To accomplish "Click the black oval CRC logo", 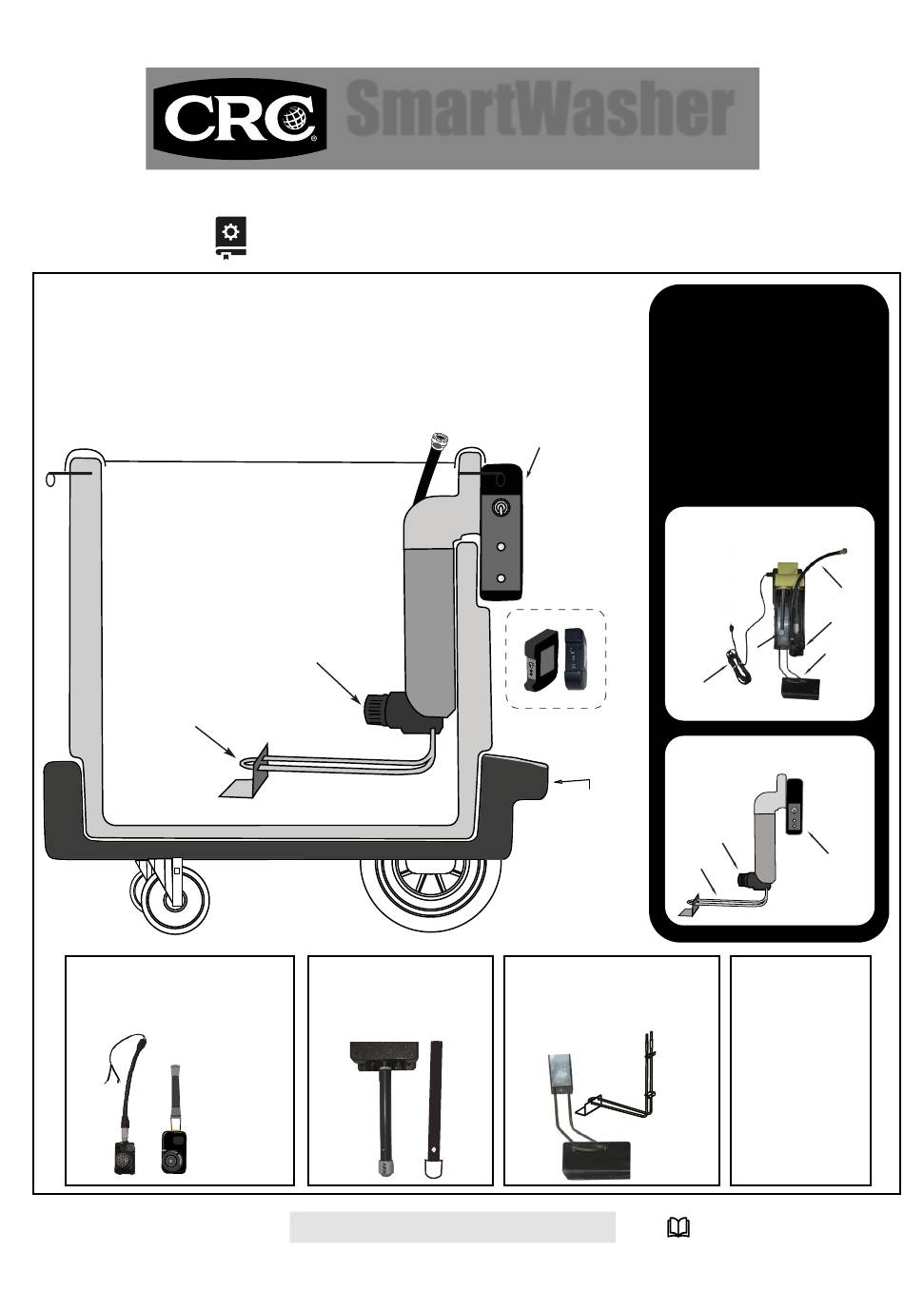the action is pyautogui.click(x=240, y=119).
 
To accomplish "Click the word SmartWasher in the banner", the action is pyautogui.click(x=540, y=108).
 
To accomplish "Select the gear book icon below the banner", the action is pyautogui.click(x=230, y=238).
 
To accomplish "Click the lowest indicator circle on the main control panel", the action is pyautogui.click(x=501, y=577).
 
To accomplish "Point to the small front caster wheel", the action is pyautogui.click(x=173, y=901).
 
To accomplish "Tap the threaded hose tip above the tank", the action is pyautogui.click(x=440, y=439).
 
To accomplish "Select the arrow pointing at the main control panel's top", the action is pyautogui.click(x=534, y=462).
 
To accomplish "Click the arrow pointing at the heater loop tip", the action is pyautogui.click(x=215, y=742).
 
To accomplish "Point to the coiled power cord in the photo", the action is pyautogui.click(x=738, y=668).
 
